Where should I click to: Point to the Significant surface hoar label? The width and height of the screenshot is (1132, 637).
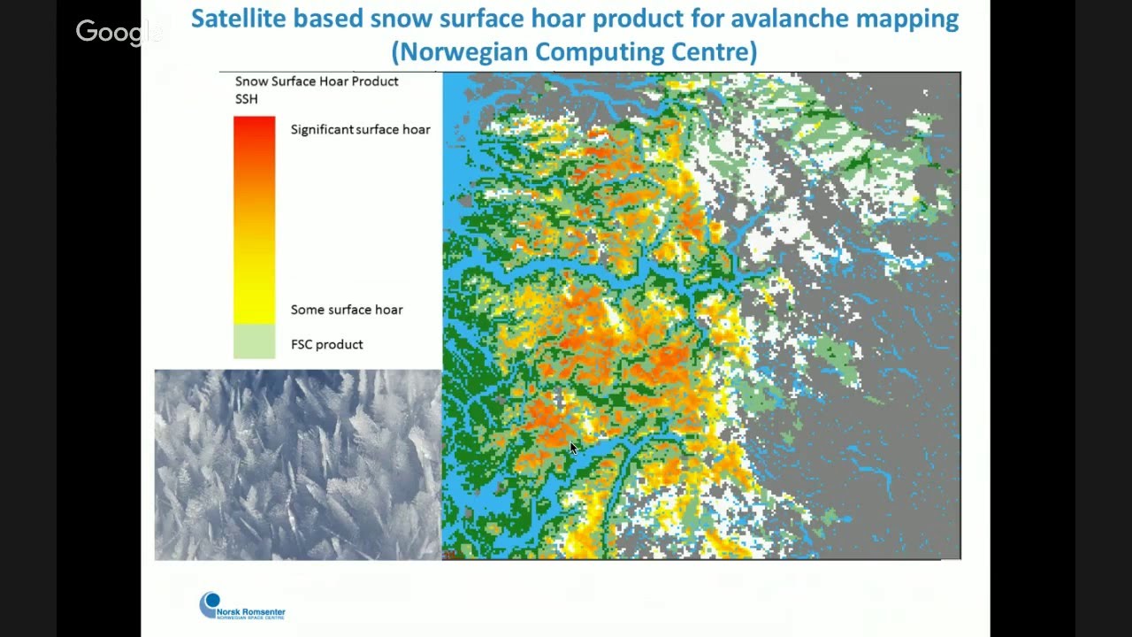[360, 129]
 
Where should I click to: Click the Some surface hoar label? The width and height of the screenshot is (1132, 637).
[346, 310]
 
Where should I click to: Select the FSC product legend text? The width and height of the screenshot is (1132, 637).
[326, 344]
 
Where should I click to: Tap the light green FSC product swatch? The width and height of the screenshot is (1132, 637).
[254, 342]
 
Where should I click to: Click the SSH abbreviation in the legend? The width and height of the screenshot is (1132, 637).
[246, 99]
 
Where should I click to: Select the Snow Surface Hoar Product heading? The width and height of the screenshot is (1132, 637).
[316, 81]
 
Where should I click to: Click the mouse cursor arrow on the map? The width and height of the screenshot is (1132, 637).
[573, 449]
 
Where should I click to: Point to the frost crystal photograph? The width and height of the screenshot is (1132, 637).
[297, 464]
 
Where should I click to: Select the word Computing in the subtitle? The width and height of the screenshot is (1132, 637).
[604, 51]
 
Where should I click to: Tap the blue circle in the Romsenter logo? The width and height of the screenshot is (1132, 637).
[210, 603]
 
